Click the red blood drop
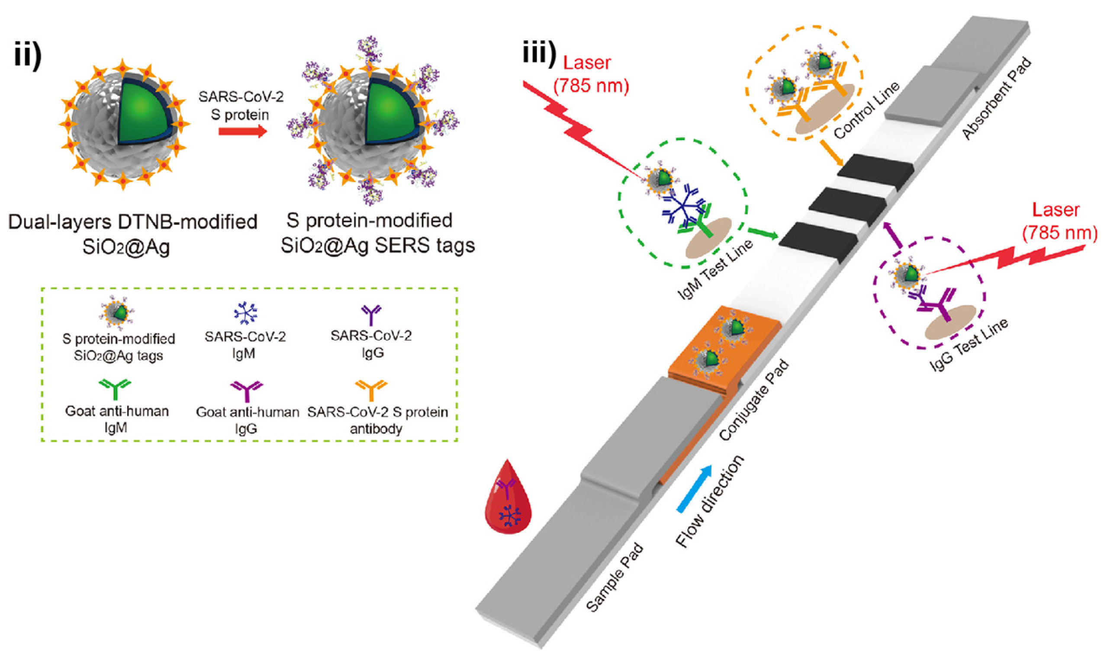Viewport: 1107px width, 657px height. (x=508, y=503)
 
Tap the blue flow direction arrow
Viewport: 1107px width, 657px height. (x=695, y=489)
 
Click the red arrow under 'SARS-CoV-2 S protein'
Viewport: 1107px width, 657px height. (x=243, y=132)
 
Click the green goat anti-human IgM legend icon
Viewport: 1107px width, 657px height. (x=115, y=389)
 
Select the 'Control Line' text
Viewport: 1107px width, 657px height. (x=866, y=110)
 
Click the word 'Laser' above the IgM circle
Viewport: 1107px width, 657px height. (x=586, y=63)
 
